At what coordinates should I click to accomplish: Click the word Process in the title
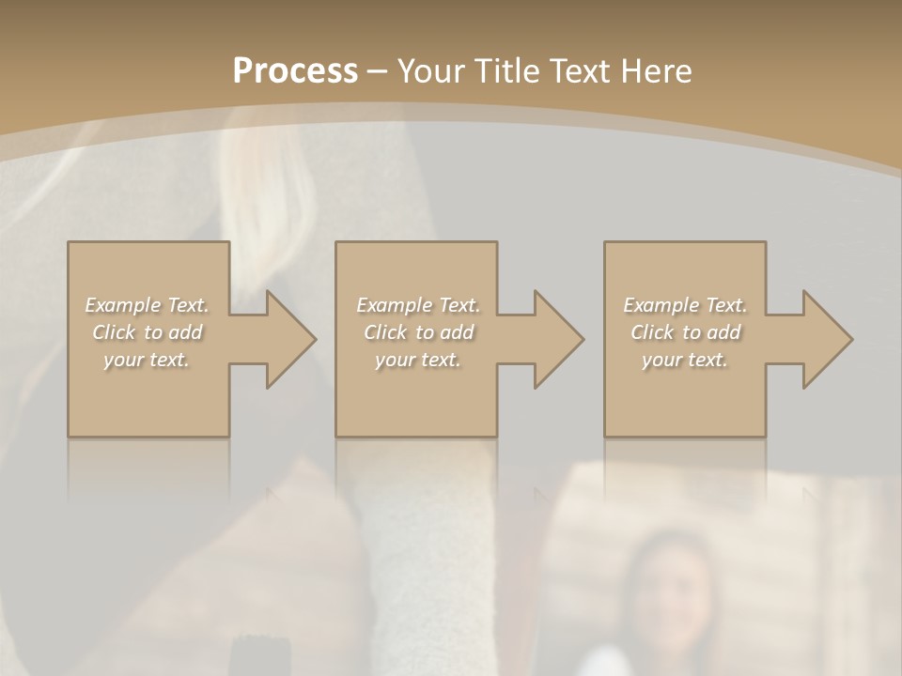[295, 71]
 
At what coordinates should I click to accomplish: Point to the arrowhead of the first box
[289, 339]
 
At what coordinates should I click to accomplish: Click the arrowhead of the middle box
[557, 339]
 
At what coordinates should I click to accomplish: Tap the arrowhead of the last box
[826, 339]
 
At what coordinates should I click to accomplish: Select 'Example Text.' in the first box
[148, 305]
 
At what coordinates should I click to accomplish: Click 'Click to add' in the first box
[148, 332]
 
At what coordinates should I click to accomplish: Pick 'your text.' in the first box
[148, 360]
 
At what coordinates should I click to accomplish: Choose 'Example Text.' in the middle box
[418, 305]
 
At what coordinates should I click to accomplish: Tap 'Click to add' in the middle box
[418, 332]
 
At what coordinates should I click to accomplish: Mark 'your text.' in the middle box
[418, 360]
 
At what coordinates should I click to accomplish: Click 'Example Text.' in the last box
[685, 305]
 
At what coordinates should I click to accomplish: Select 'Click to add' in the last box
[685, 332]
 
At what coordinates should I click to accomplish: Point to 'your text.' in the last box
[685, 360]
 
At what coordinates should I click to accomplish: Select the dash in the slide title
[378, 71]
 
